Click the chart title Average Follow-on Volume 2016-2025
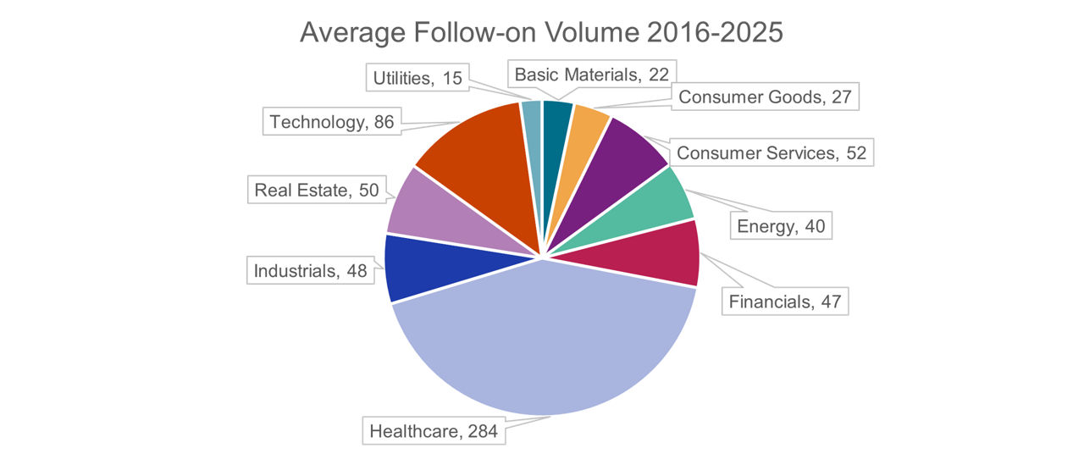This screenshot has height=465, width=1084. point(542,33)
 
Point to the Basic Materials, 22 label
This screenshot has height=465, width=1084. point(592,75)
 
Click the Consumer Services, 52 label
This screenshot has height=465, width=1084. point(771,152)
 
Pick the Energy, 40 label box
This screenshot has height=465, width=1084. point(780,225)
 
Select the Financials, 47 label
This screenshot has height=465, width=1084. point(783,301)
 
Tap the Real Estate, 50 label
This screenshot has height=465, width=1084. point(317,190)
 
